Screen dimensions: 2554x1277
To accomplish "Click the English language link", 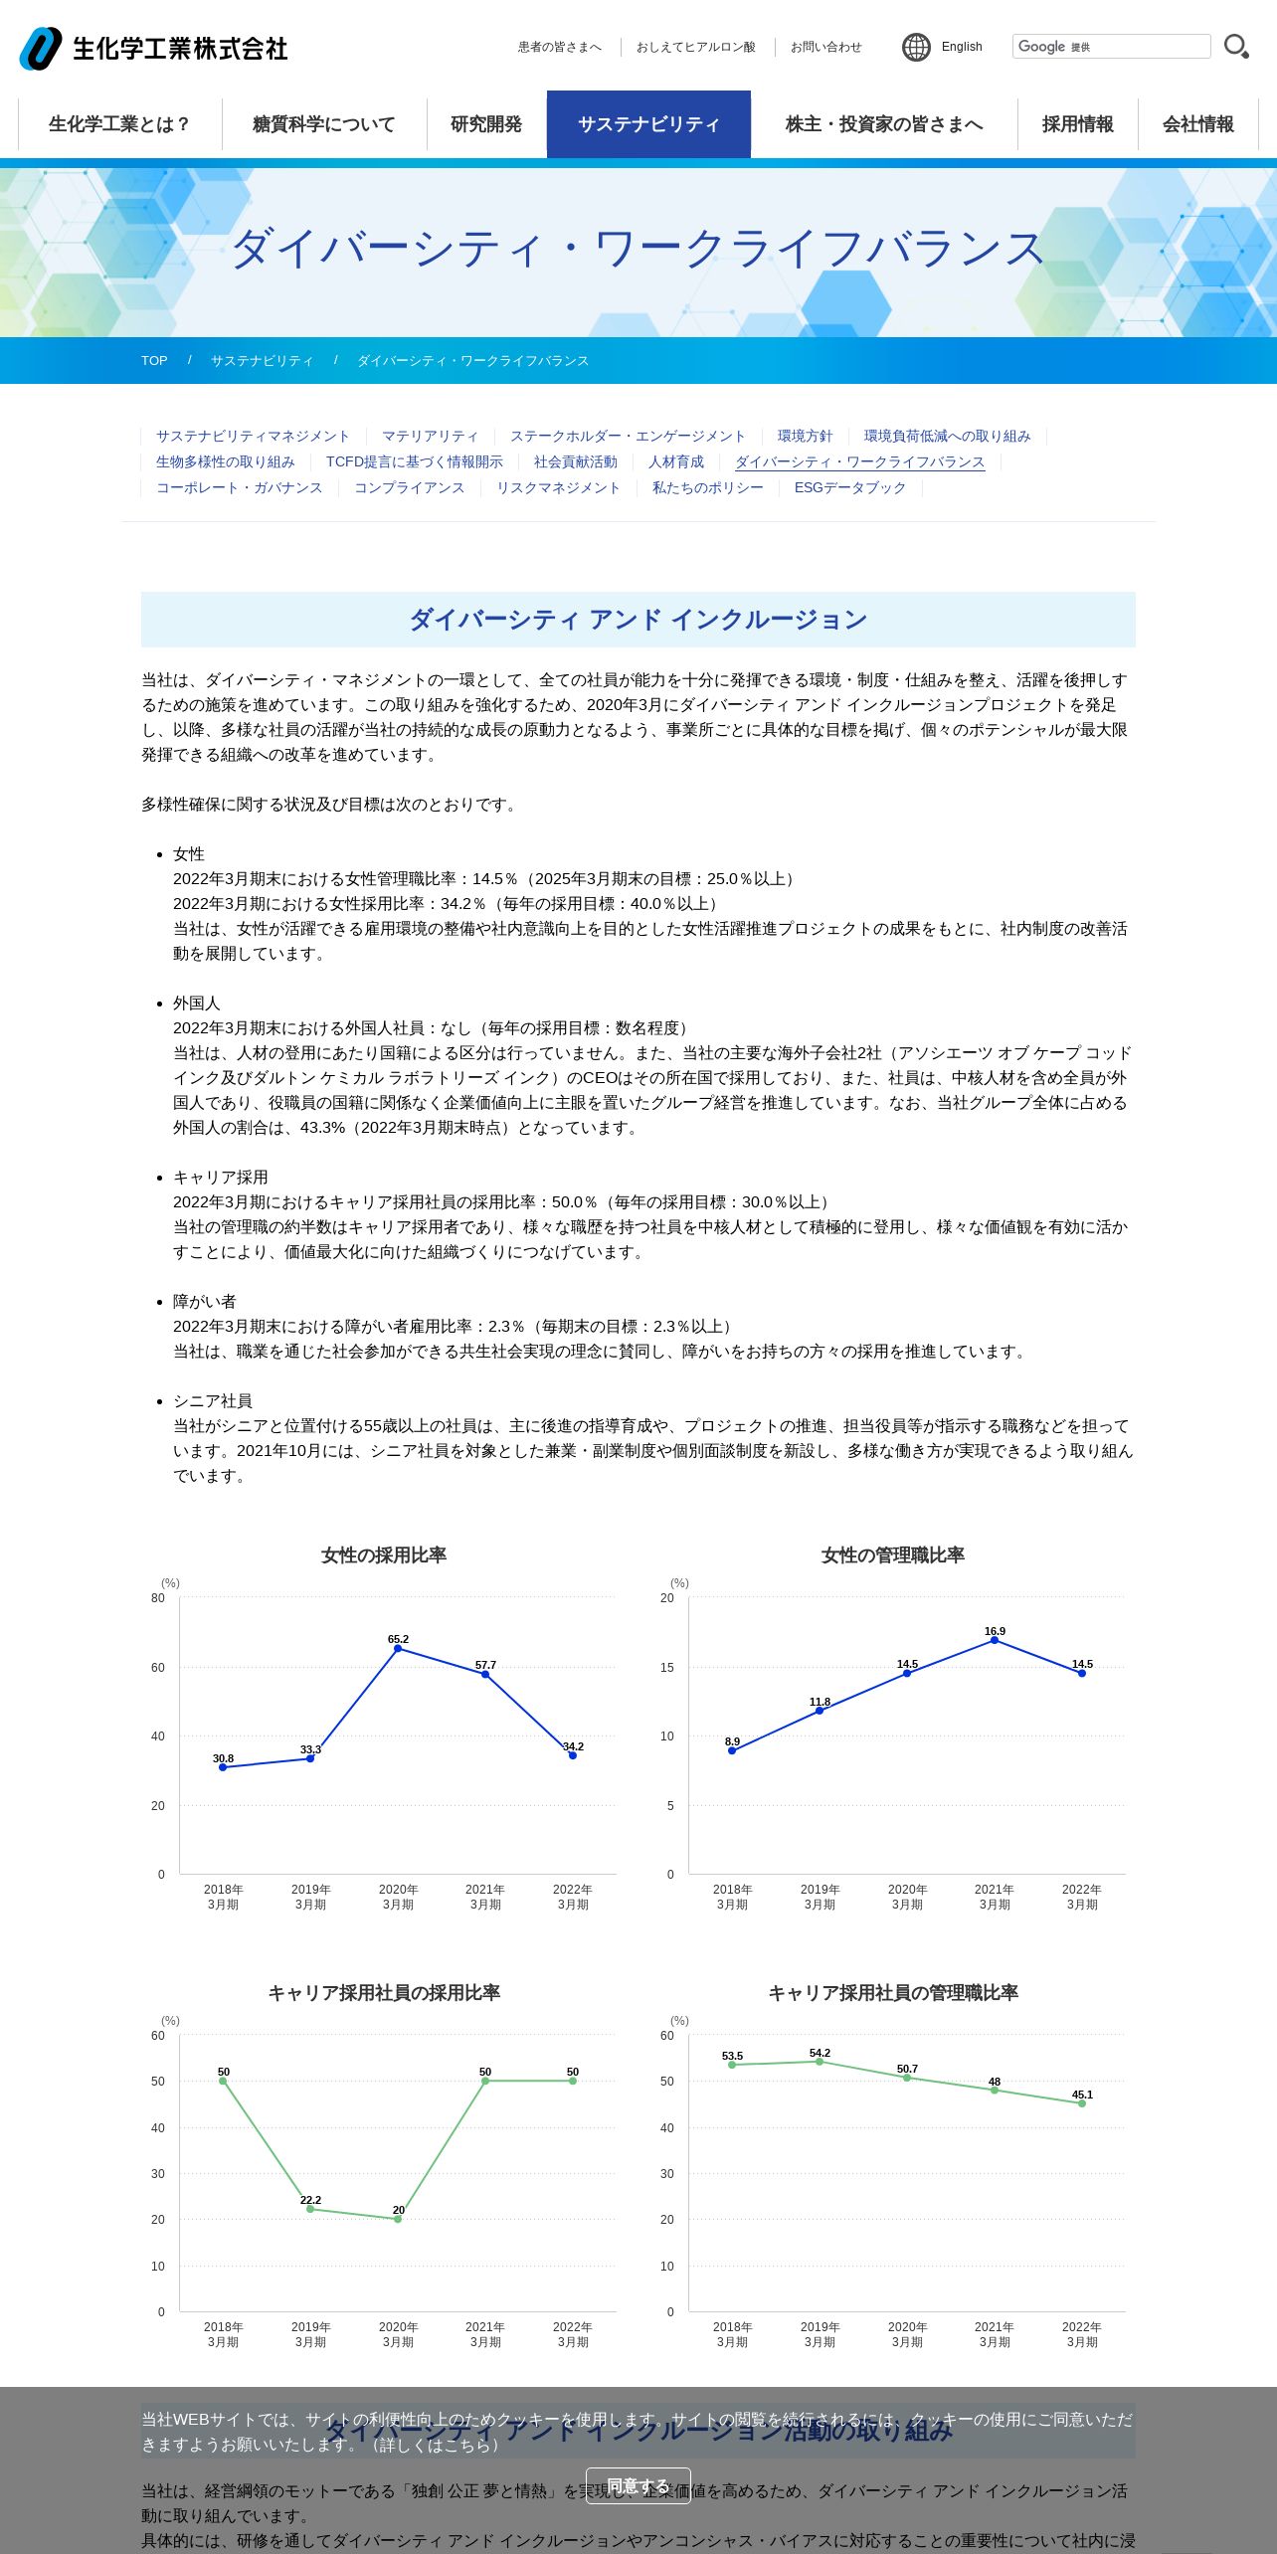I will [961, 47].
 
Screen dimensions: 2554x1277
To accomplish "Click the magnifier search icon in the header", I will [1236, 47].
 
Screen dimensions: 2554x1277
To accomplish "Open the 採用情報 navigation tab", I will [1077, 124].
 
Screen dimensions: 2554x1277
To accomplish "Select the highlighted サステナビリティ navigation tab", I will [648, 124].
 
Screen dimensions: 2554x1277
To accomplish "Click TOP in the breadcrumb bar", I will [154, 361].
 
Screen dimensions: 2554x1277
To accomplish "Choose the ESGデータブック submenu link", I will [849, 488].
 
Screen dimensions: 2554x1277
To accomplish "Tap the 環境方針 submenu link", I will [805, 437].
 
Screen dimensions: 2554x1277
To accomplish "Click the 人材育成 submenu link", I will [675, 462].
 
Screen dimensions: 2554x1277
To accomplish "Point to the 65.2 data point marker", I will [398, 1649].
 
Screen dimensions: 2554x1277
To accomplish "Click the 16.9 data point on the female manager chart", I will [995, 1640].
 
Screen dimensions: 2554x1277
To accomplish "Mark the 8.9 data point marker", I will [732, 1750].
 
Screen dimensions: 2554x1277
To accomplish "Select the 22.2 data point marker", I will [310, 2209].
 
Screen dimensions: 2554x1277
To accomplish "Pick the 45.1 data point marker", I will [1082, 2103].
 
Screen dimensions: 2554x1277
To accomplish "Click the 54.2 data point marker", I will [820, 2062].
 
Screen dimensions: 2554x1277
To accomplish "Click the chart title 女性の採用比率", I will [384, 1555].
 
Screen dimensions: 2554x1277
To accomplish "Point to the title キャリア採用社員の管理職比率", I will [893, 1993].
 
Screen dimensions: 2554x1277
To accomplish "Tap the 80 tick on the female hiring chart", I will [158, 1598].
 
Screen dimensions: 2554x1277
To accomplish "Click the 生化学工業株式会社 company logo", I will [154, 48].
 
